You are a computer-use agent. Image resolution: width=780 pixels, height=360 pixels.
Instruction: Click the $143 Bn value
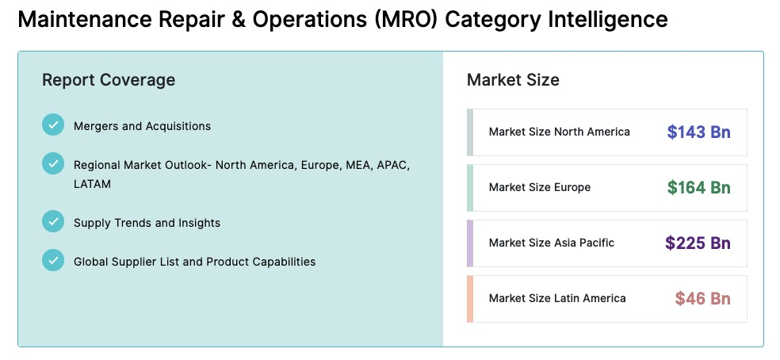(699, 132)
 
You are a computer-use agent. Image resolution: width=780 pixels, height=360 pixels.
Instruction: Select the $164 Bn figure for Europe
(699, 188)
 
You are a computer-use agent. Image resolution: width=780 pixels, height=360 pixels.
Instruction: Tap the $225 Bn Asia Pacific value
(698, 243)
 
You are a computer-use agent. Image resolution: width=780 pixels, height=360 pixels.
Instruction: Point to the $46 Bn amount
(703, 298)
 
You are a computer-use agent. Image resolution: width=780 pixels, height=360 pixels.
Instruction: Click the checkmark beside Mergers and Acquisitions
(53, 124)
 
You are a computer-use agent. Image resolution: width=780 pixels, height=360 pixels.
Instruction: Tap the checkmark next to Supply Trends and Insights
(53, 221)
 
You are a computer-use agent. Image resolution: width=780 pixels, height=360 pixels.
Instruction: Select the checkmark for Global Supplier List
(53, 260)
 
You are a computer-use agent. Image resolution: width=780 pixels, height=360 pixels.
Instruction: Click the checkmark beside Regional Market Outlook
(53, 163)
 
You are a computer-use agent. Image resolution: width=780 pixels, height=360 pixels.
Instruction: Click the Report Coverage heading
(109, 79)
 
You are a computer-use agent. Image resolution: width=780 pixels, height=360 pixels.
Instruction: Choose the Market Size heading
(513, 79)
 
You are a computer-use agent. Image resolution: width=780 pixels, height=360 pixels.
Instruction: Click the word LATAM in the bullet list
(92, 184)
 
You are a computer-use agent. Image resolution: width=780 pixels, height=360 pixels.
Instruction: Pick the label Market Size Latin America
(557, 298)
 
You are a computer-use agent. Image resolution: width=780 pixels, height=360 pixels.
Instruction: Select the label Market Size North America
(559, 132)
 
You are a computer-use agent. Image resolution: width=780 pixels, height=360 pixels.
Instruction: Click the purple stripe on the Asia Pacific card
(469, 243)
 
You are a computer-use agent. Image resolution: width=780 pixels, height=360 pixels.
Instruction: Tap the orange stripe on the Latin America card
(469, 299)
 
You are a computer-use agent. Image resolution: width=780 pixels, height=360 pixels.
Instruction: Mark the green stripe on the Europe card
(469, 188)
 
